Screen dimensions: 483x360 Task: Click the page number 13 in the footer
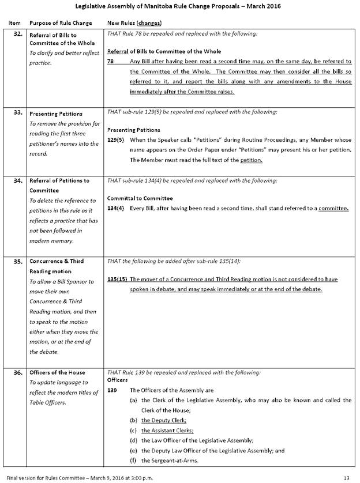[x=346, y=477]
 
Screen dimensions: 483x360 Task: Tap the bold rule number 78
[x=111, y=62]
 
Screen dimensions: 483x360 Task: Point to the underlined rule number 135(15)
[x=118, y=280]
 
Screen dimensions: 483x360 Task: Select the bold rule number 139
[x=112, y=390]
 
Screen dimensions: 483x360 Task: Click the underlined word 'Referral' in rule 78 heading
[x=118, y=51]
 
